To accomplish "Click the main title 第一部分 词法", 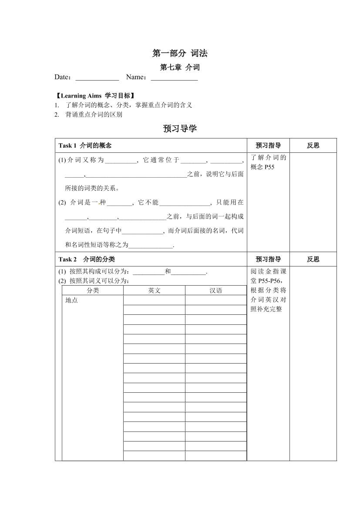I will click(x=180, y=53).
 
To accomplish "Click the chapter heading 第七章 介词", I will click(x=180, y=67).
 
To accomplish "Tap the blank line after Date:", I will click(x=97, y=78).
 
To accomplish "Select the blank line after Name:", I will click(x=174, y=78).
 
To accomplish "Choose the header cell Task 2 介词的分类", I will click(x=87, y=259).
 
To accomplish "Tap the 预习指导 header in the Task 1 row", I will click(x=268, y=145).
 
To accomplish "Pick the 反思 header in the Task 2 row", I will click(x=313, y=259).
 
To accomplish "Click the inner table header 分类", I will click(x=93, y=290).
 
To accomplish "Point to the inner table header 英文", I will click(x=155, y=290).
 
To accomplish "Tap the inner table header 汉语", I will click(x=216, y=290).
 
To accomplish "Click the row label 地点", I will click(x=71, y=300).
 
